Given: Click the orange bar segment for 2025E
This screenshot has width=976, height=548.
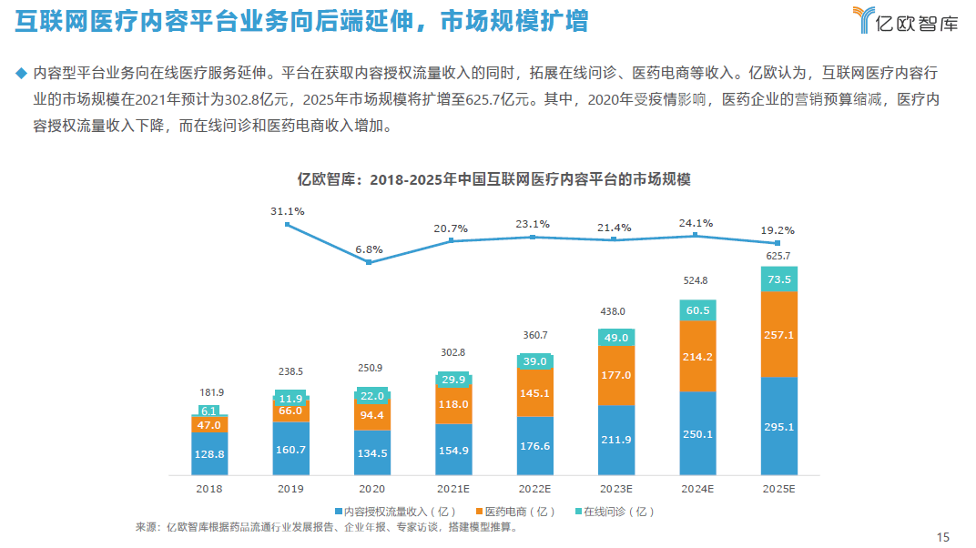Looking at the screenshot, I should click(778, 334).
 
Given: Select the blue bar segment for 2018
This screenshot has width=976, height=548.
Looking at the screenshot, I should click(209, 454).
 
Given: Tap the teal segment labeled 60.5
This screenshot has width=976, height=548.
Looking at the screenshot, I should click(697, 310).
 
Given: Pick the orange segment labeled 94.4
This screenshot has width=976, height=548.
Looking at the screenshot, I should click(372, 415).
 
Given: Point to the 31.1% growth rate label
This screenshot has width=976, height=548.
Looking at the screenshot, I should click(288, 210).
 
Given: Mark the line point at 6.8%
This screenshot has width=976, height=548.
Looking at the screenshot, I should click(369, 262).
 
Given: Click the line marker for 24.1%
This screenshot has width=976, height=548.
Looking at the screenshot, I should click(696, 235).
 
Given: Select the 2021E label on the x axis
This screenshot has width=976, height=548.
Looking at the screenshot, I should click(453, 488).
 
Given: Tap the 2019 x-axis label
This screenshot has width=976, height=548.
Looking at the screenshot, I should click(290, 488).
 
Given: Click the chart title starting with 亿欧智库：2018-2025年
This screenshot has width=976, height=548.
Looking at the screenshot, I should click(494, 179).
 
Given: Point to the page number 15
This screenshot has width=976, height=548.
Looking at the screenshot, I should click(942, 535).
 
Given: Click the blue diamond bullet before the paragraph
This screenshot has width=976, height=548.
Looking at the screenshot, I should click(21, 72).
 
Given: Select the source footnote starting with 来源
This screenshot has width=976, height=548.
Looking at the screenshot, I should click(338, 526).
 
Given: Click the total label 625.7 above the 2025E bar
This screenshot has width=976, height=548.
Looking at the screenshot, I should click(778, 256).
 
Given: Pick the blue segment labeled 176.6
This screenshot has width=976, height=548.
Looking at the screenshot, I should click(534, 446).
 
